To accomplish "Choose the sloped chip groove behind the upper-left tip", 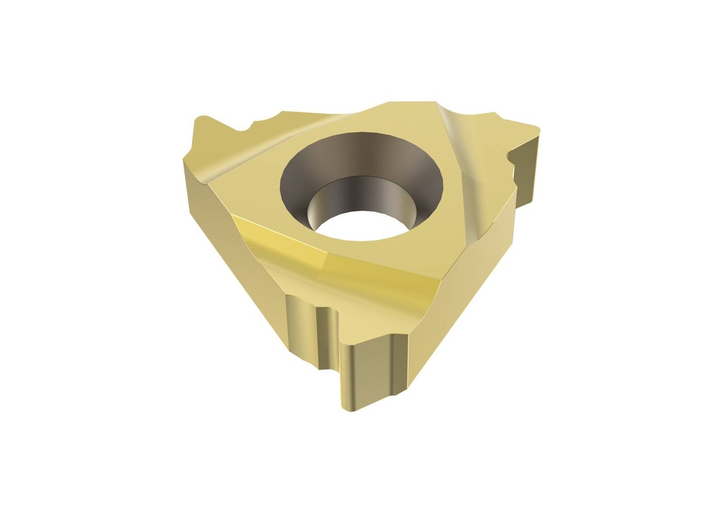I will pos(226,152).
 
